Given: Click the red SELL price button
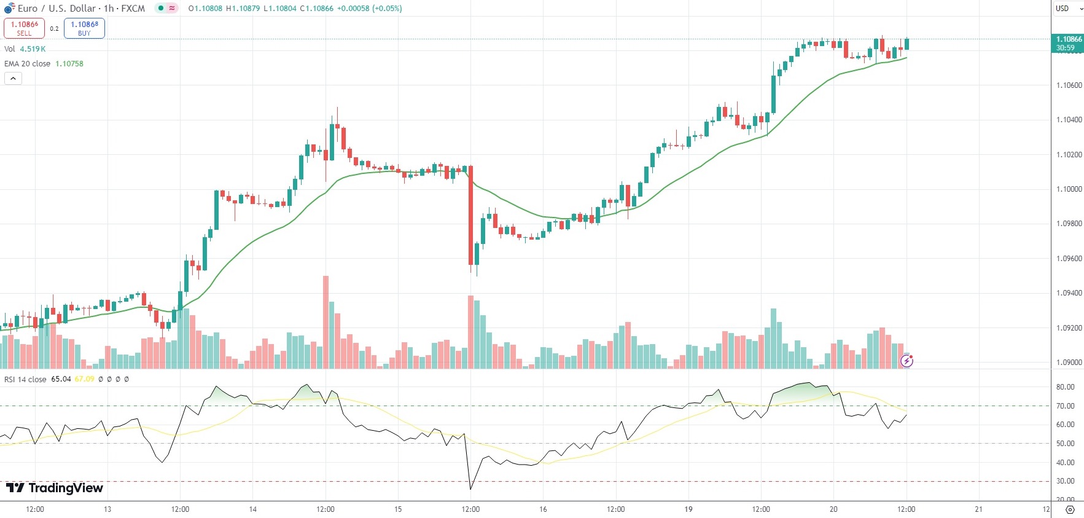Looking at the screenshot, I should click(x=24, y=28).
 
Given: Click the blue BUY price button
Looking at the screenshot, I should click(x=84, y=28).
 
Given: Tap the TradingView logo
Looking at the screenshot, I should click(x=55, y=488).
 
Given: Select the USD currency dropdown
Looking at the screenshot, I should click(x=1067, y=9).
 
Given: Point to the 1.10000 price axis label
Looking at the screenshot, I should click(x=1069, y=189).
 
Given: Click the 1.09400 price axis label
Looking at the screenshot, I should click(x=1069, y=293).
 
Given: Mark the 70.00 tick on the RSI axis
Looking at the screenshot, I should click(x=1065, y=406).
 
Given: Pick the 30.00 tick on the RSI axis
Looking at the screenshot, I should click(x=1065, y=481).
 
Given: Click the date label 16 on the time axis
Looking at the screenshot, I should click(x=543, y=509).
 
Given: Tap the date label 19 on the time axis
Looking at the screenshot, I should click(x=688, y=509).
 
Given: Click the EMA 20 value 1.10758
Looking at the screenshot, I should click(x=69, y=64).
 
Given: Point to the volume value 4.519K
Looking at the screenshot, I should click(x=33, y=49).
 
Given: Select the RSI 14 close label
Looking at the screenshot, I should click(x=25, y=379).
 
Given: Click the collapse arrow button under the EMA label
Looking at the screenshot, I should click(x=13, y=79).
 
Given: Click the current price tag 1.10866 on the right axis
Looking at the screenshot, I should click(x=1069, y=43).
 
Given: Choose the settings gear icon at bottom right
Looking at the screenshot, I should click(x=1070, y=509).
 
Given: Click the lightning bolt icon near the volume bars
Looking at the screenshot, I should click(x=907, y=361).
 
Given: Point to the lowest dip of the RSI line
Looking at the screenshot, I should click(x=470, y=489).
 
